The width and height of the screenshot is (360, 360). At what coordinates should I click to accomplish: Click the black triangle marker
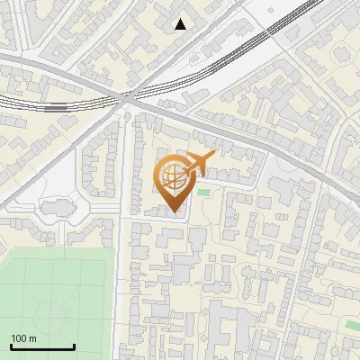[x=181, y=24]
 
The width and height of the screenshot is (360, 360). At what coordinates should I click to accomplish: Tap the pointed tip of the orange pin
[x=174, y=211]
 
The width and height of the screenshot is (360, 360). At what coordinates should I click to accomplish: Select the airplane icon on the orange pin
[x=199, y=165]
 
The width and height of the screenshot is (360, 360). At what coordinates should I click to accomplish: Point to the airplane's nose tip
[x=214, y=156]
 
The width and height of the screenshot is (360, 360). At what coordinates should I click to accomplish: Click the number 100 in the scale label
[x=19, y=338]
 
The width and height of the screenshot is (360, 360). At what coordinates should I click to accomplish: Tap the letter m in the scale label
[x=32, y=338]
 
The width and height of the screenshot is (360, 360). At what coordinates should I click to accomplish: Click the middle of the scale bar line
[x=42, y=347]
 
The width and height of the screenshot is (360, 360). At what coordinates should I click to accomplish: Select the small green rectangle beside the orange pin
[x=203, y=191]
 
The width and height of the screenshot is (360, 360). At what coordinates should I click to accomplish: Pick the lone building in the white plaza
[x=56, y=209]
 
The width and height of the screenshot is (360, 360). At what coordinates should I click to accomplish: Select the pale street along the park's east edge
[x=124, y=288]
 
